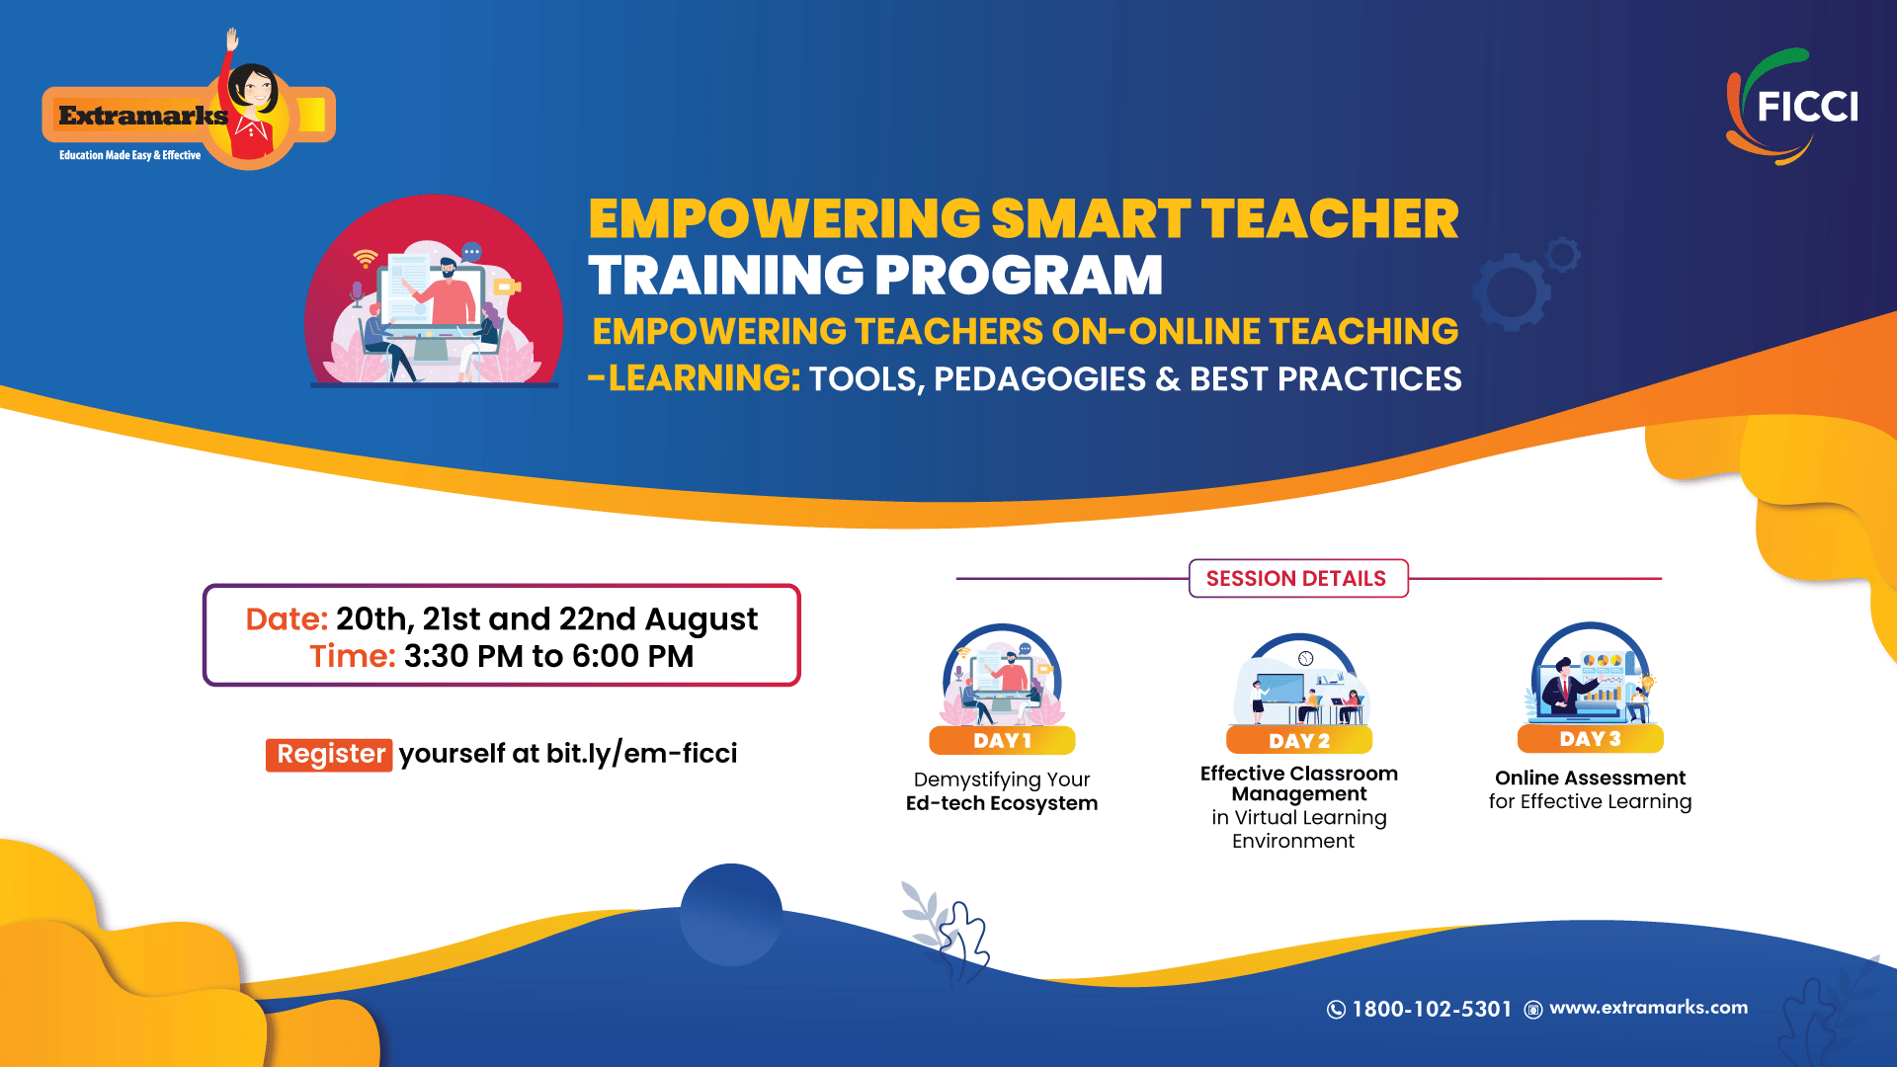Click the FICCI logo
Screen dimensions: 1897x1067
point(1792,107)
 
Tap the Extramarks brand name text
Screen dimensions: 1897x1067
point(143,116)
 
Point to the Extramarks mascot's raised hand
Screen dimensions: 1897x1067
point(233,40)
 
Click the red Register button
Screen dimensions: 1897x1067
point(329,754)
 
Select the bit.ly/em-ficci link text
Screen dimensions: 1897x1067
point(642,754)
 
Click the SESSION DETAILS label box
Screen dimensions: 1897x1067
point(1297,579)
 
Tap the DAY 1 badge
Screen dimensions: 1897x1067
point(1002,741)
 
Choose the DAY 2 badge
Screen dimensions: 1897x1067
point(1299,741)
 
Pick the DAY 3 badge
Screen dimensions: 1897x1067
point(1590,739)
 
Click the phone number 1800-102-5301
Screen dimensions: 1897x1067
point(1432,1009)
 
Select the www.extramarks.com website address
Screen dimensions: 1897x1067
point(1648,1008)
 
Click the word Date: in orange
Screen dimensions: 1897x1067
point(287,619)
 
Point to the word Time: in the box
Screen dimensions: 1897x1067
point(353,656)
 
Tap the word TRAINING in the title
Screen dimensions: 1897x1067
point(725,275)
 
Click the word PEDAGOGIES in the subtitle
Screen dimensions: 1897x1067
point(1039,379)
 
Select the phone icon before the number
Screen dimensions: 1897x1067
point(1336,1010)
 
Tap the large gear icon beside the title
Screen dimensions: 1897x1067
point(1512,291)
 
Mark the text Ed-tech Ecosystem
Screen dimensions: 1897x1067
point(1002,803)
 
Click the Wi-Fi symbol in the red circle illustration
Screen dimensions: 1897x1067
point(366,258)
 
